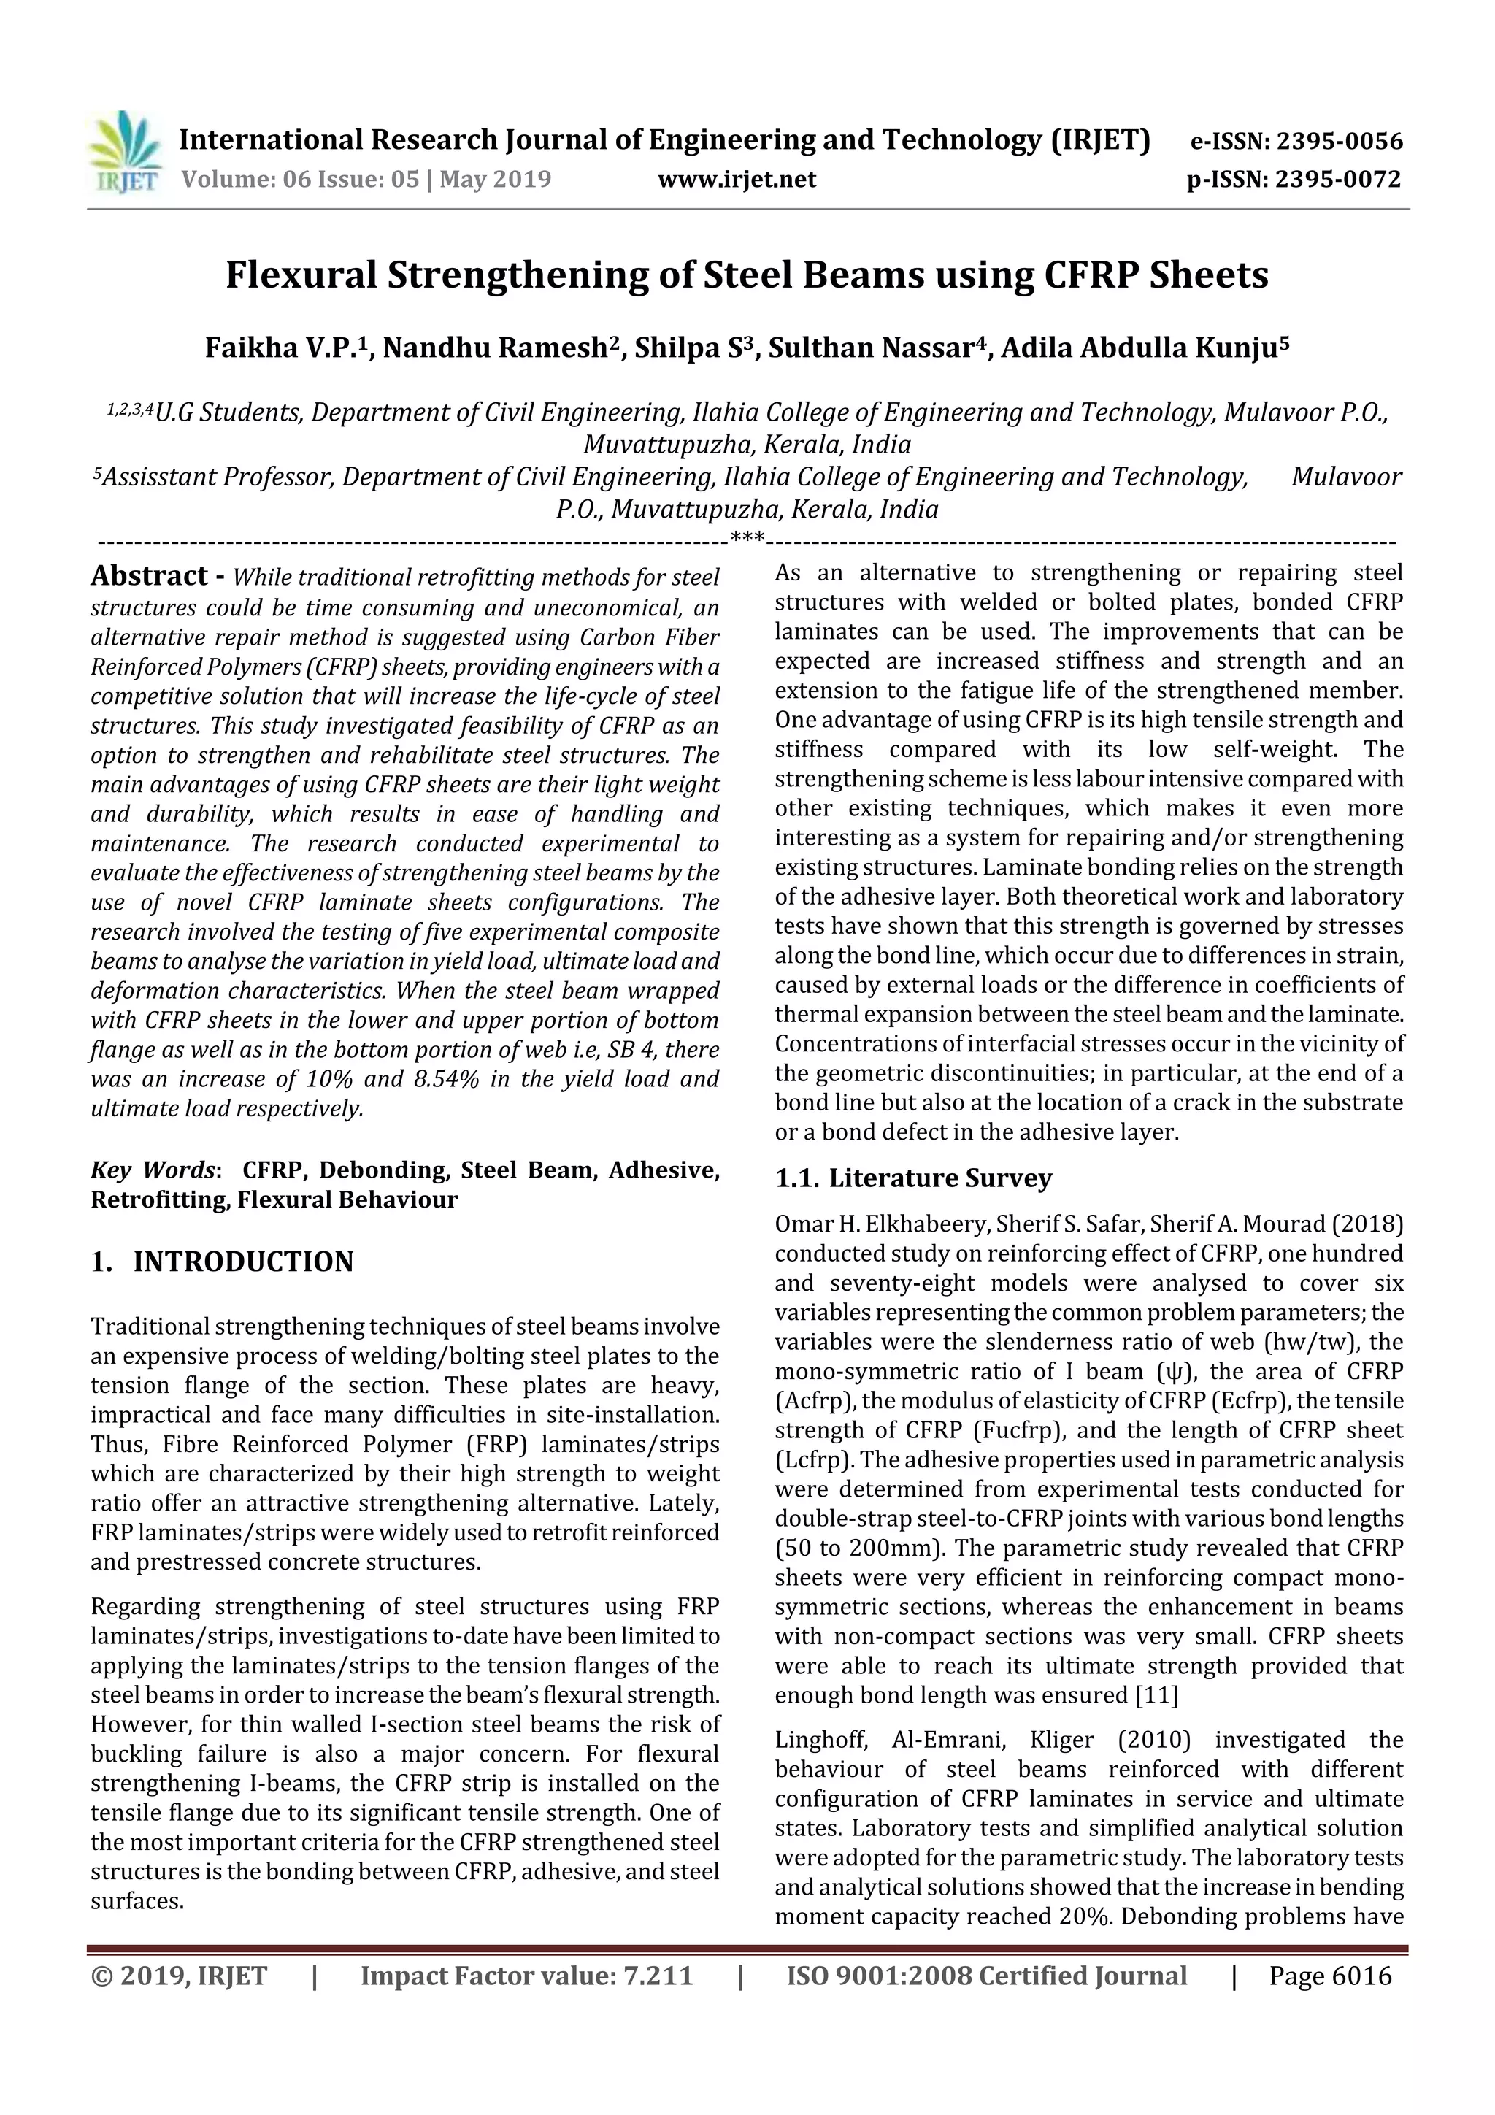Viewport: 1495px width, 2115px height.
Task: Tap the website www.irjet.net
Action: [736, 180]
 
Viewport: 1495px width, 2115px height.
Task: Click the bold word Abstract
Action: [148, 576]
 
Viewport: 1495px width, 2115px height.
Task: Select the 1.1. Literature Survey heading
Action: [913, 1178]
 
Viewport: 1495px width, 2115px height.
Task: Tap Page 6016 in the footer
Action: [1330, 1976]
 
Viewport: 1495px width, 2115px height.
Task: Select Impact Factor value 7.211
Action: [526, 1976]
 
